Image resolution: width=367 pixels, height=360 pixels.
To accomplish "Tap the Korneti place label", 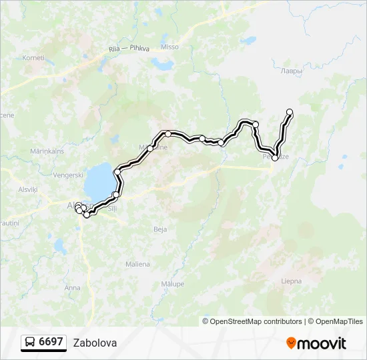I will point(33,58).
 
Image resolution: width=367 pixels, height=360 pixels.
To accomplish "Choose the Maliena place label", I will point(137,264).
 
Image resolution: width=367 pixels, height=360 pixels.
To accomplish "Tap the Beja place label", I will point(160,229).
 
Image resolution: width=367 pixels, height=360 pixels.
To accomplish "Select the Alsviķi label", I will point(28,189).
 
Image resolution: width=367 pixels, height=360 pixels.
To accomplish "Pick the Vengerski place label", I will point(68,175).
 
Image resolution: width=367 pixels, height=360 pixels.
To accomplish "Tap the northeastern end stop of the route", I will point(290,112).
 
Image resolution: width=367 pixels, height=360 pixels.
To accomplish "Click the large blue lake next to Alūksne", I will point(99,180).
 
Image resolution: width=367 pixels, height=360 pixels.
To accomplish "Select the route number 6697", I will point(51,342).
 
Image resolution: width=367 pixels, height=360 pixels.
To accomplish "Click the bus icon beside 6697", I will point(30,343).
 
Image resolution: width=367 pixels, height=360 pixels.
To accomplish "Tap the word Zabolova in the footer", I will point(95,343).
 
